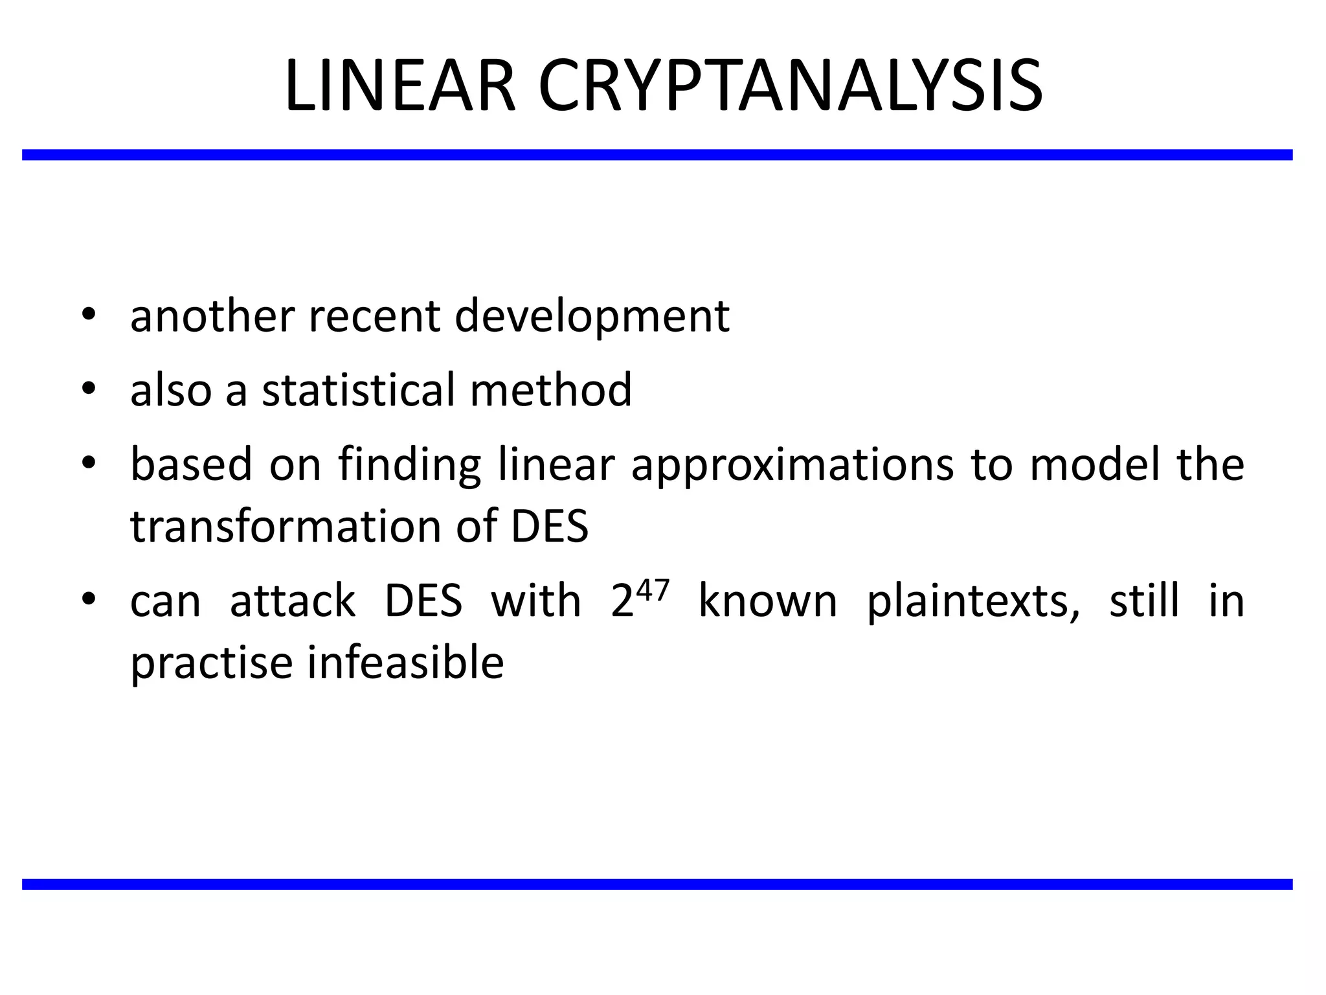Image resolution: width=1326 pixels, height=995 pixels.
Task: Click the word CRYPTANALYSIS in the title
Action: pos(790,86)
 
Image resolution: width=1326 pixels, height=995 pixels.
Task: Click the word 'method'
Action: pos(550,390)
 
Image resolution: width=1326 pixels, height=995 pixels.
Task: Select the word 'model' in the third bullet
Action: pos(1094,465)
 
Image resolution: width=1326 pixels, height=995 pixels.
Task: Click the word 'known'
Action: pos(768,601)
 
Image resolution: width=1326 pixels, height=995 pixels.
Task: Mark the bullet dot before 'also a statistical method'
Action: pos(89,389)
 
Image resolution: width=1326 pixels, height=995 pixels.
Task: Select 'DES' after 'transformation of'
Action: pos(550,526)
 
